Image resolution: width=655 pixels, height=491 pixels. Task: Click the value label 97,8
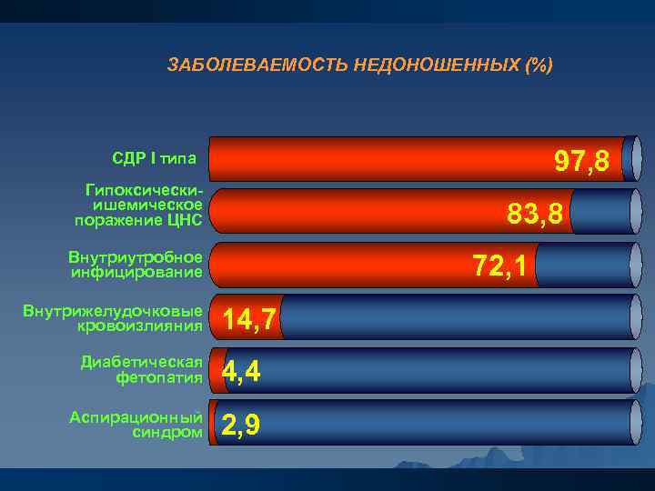582,163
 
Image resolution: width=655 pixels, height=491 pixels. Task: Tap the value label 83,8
536,215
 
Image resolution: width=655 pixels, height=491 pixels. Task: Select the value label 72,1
499,266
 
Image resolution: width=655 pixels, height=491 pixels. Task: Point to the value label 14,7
249,319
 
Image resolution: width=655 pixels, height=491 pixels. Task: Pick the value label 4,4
241,371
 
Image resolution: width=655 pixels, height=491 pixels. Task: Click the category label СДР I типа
155,159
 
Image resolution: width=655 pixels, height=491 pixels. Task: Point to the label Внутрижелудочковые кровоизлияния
113,317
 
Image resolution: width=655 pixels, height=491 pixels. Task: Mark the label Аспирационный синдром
136,424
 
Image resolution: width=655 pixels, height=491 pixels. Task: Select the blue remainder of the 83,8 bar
605,213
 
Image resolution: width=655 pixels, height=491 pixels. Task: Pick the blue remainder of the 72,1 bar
582,266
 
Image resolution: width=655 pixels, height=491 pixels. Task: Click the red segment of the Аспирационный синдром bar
215,423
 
